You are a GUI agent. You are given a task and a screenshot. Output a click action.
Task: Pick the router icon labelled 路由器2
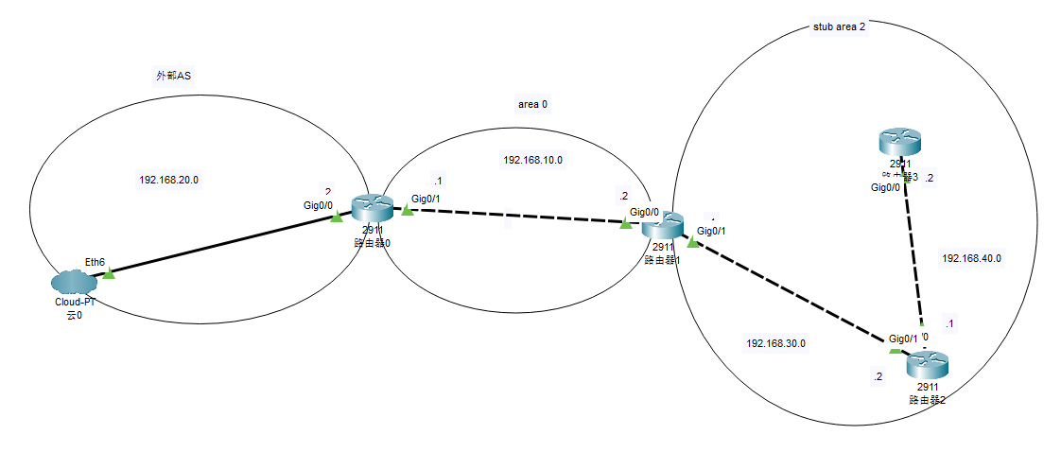[927, 364]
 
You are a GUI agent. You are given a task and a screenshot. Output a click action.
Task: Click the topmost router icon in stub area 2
[898, 143]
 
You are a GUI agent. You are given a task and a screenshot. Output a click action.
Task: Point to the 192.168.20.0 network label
[168, 180]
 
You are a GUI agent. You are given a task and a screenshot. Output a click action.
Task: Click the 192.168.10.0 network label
[532, 160]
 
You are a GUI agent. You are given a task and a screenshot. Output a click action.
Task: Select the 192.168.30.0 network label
[775, 343]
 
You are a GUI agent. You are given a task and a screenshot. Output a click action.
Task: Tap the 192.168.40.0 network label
[971, 257]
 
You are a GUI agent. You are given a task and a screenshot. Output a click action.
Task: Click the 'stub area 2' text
[839, 26]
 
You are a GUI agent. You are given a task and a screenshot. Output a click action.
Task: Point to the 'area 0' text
[532, 104]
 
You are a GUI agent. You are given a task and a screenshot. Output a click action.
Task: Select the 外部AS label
[174, 75]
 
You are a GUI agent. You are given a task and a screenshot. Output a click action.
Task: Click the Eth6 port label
[95, 261]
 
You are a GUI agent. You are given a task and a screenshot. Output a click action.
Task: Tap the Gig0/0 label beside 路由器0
[318, 204]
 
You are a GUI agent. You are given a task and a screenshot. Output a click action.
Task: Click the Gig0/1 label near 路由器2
[903, 339]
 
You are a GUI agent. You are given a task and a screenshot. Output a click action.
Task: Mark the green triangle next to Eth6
[109, 273]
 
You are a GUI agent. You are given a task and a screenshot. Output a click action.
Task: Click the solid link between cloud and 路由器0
[222, 245]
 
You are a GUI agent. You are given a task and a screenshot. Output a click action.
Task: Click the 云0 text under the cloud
[74, 315]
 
